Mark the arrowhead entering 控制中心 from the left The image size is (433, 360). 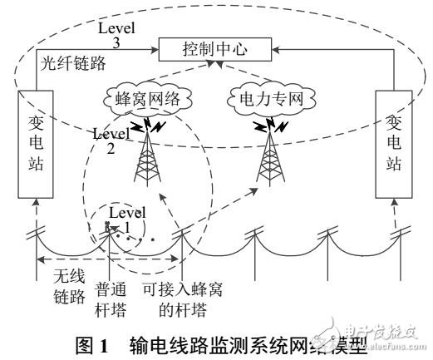point(157,52)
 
